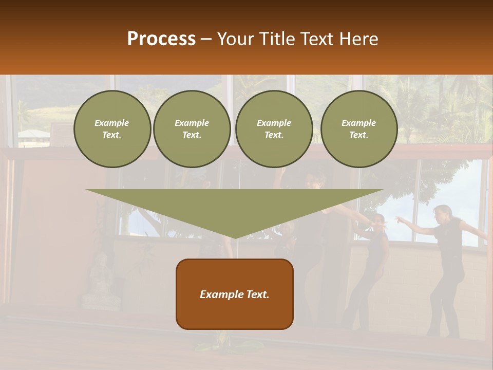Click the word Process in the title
point(161,39)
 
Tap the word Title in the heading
point(279,39)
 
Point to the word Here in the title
point(358,39)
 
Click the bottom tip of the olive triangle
point(235,236)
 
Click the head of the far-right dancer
point(443,212)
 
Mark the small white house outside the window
point(34,135)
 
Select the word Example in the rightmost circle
point(358,123)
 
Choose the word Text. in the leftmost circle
point(112,135)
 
